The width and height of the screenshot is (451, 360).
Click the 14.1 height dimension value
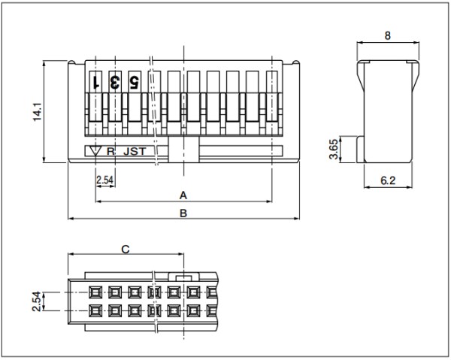[x=38, y=111]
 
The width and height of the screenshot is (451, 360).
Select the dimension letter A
[x=183, y=195]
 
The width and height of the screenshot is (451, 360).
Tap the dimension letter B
[x=183, y=213]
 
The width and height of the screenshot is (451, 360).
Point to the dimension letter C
[x=126, y=250]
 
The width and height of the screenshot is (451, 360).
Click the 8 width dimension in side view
[x=388, y=35]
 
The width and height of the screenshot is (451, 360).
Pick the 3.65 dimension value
[x=334, y=149]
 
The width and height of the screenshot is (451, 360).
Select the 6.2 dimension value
[x=388, y=180]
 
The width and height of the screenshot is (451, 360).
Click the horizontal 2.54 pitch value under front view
[x=104, y=180]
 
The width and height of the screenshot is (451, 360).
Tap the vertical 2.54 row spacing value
[x=37, y=301]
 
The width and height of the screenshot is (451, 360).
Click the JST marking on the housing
[x=135, y=151]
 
